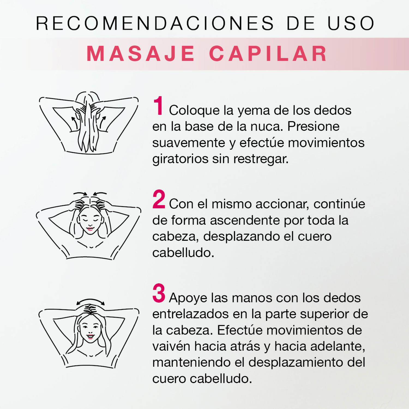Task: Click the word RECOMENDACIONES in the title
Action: coord(155,23)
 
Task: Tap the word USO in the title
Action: coord(351,23)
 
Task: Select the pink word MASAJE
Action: coord(141,54)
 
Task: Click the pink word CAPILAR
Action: coord(268,54)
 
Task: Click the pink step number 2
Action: coord(159,199)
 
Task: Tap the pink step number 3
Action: coord(159,293)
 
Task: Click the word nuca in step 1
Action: coord(267,127)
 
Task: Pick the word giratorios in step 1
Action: coord(180,159)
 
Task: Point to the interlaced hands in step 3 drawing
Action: coord(90,309)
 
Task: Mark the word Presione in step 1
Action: coord(314,127)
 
